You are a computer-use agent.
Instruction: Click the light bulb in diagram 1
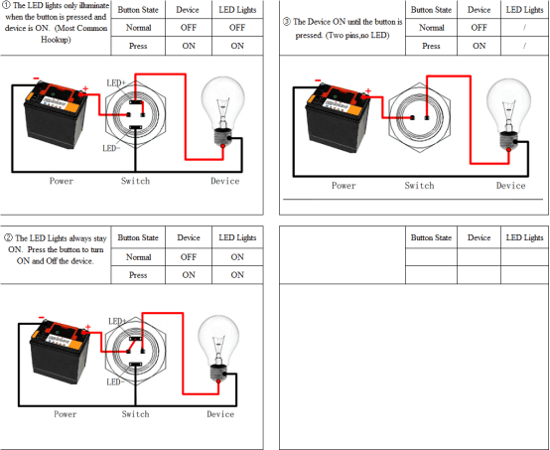click(x=222, y=111)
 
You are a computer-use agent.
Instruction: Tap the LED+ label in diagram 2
click(x=117, y=321)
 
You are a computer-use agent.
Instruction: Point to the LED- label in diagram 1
click(x=111, y=148)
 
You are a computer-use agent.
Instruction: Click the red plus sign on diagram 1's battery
click(x=85, y=88)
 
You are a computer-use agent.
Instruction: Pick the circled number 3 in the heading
click(x=287, y=22)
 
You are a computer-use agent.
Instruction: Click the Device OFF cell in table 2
click(x=189, y=257)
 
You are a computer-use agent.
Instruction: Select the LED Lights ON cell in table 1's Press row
click(x=237, y=46)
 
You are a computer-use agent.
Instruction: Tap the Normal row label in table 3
click(x=431, y=28)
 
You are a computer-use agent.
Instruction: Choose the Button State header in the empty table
click(x=431, y=237)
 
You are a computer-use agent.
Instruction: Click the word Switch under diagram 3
click(x=419, y=186)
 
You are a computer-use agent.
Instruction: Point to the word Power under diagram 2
click(x=65, y=414)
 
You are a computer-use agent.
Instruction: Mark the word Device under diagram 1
click(x=224, y=181)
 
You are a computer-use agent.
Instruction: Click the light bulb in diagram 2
click(x=218, y=350)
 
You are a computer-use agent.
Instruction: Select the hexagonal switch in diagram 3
click(x=420, y=117)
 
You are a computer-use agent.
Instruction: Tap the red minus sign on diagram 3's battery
click(x=318, y=80)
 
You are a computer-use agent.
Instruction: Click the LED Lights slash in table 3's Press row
click(x=524, y=46)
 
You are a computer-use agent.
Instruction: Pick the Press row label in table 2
click(x=138, y=275)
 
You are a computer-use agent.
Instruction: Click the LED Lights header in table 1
click(x=237, y=10)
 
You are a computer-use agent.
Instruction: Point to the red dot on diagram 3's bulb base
click(x=508, y=150)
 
